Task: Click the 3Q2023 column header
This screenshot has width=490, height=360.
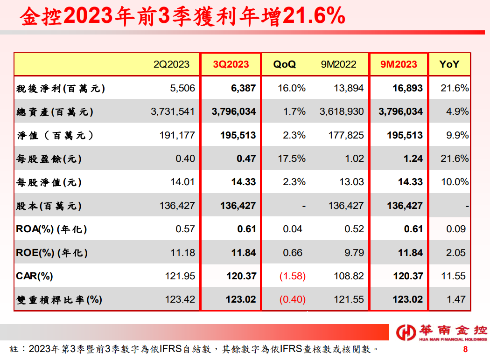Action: [231, 64]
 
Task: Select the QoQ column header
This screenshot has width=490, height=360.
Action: [284, 64]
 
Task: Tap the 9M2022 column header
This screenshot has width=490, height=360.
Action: [338, 64]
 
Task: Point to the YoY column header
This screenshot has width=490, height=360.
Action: [449, 64]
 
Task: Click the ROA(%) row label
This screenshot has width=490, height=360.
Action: [51, 229]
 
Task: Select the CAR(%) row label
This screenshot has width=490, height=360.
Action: [35, 276]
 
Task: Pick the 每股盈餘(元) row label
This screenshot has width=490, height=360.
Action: [49, 159]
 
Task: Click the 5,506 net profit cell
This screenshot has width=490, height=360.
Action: [182, 88]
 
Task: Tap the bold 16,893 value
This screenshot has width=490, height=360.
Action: [407, 88]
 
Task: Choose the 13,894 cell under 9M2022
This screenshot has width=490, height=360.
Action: [349, 88]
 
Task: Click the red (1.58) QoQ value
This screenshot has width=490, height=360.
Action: [293, 276]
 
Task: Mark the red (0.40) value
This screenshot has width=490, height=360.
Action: [293, 299]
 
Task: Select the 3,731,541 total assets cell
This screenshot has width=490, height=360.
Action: [173, 111]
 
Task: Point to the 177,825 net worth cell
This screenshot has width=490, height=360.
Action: [346, 135]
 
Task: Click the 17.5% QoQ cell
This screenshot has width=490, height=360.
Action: [292, 159]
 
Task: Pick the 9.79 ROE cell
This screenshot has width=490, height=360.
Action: [354, 253]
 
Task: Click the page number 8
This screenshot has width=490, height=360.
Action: [465, 349]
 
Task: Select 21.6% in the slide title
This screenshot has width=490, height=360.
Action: [314, 15]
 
